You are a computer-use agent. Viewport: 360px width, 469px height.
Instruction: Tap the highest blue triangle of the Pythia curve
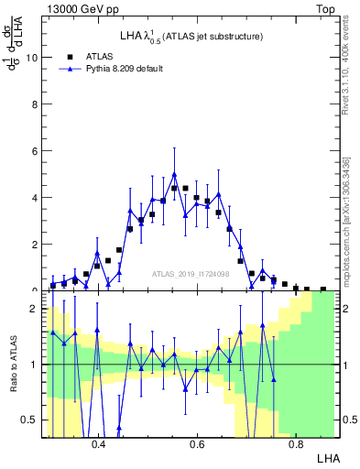(x=174, y=174)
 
